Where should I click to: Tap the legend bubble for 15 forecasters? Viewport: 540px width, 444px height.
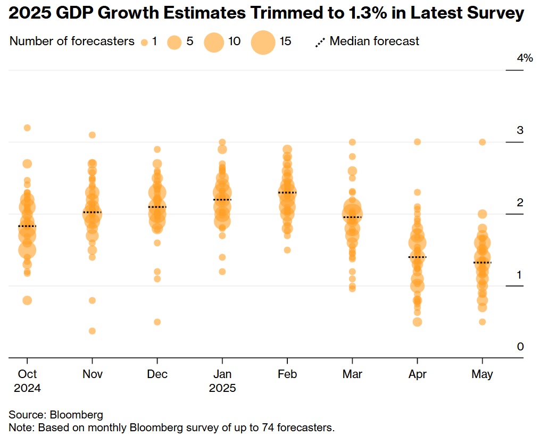[x=263, y=42]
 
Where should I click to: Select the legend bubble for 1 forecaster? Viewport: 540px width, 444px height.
[x=144, y=42]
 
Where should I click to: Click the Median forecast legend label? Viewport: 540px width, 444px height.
[x=374, y=41]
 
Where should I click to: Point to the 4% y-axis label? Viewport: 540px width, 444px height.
[x=525, y=58]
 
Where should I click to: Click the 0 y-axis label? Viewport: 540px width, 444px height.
[x=520, y=347]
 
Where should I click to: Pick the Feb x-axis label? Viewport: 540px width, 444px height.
[x=287, y=374]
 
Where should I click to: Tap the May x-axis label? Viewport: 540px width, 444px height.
[x=482, y=374]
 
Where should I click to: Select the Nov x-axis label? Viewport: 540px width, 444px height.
[x=93, y=374]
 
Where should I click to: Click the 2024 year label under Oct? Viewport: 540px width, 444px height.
[x=27, y=388]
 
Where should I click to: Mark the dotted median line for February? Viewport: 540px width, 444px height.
[x=287, y=192]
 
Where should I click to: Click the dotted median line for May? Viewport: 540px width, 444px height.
[x=482, y=263]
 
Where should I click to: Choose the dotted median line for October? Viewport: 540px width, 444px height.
[x=27, y=227]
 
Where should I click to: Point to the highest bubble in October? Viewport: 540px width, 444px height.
[x=27, y=128]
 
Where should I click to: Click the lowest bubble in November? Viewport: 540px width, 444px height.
[x=92, y=331]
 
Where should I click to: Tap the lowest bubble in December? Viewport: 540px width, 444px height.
[x=157, y=322]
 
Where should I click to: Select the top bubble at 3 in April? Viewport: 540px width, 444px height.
[x=418, y=142]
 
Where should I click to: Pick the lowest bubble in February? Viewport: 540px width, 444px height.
[x=287, y=250]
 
